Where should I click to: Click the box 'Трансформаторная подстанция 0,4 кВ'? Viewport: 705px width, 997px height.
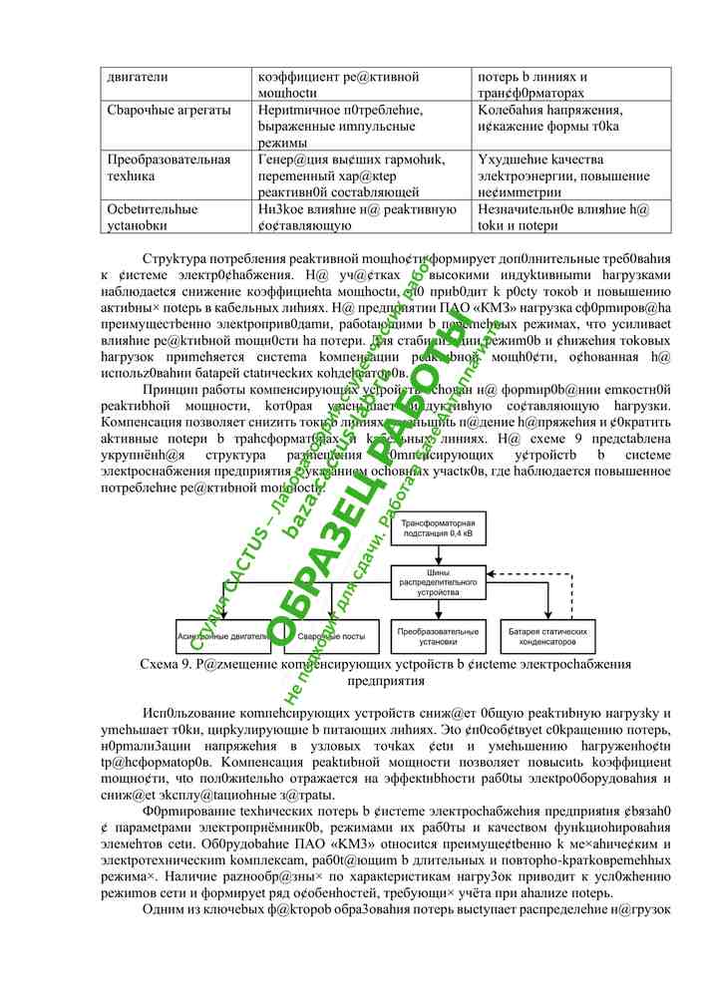click(x=438, y=530)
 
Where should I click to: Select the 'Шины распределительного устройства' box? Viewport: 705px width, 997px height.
click(x=438, y=581)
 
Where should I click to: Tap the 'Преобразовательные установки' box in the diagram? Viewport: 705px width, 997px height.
click(x=438, y=637)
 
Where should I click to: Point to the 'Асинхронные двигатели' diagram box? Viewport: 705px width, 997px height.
click(x=221, y=637)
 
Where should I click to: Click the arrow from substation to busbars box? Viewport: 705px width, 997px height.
click(x=438, y=555)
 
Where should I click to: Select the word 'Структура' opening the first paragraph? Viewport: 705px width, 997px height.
click(x=175, y=257)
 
